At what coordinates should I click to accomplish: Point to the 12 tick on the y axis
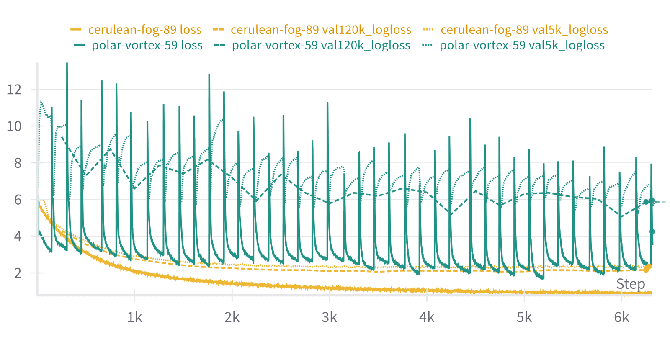tap(14, 89)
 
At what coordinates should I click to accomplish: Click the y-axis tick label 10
tap(14, 126)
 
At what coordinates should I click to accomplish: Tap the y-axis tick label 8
tap(18, 163)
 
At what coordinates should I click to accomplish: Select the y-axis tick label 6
tap(18, 200)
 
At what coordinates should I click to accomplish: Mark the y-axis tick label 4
tap(18, 237)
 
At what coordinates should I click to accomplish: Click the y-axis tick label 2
tap(18, 273)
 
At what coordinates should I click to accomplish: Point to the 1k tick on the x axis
tap(134, 317)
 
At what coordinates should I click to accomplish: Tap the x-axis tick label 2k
tap(232, 317)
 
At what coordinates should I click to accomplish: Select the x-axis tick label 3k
tap(329, 317)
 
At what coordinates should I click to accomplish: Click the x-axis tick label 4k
tap(427, 317)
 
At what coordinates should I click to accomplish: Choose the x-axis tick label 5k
tap(524, 317)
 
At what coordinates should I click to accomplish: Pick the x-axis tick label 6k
tap(621, 317)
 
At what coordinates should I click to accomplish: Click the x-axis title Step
tap(630, 284)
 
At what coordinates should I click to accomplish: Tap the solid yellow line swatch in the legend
tap(76, 30)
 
